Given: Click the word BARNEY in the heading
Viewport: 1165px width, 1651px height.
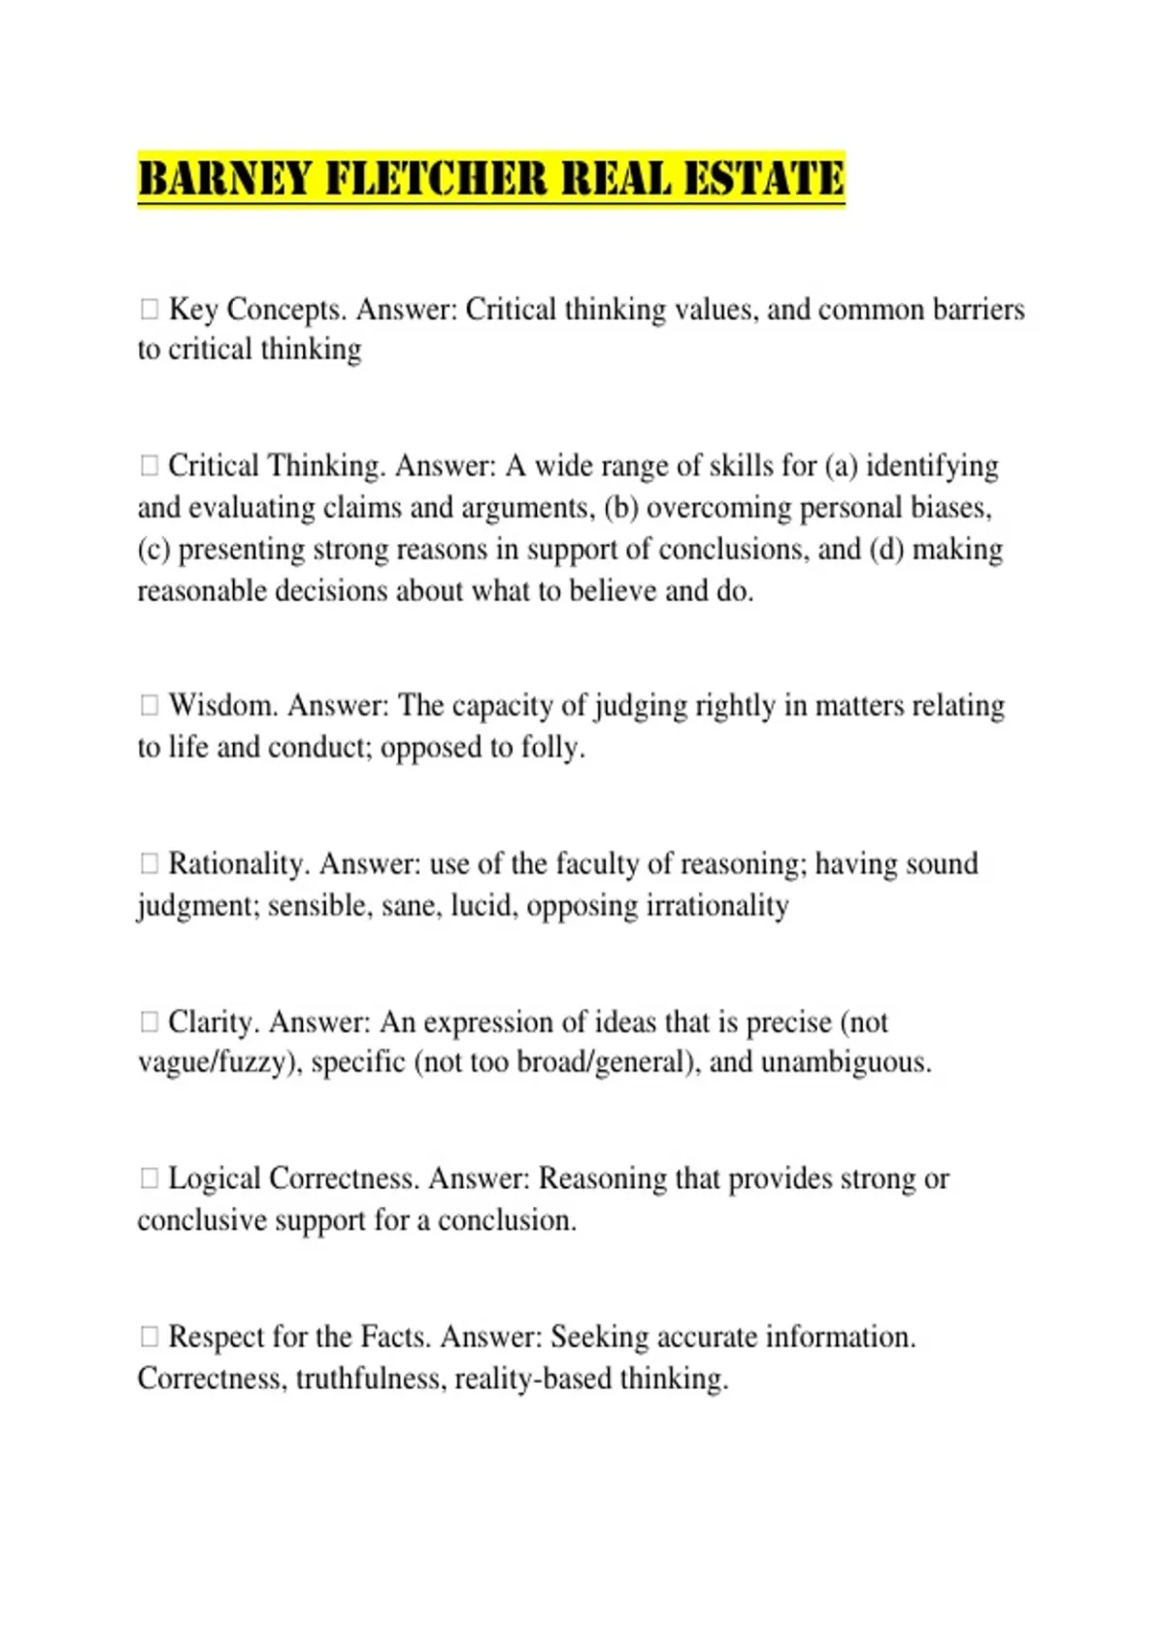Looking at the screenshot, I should pyautogui.click(x=222, y=180).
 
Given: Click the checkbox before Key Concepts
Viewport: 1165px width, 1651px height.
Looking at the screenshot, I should pyautogui.click(x=149, y=309).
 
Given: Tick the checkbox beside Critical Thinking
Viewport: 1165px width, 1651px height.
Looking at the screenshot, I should pyautogui.click(x=149, y=466).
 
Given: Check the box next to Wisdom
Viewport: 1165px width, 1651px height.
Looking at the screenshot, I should pyautogui.click(x=149, y=705).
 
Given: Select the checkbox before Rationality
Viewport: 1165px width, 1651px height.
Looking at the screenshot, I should pyautogui.click(x=149, y=863).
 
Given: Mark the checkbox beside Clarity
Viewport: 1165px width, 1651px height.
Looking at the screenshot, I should pyautogui.click(x=149, y=1022).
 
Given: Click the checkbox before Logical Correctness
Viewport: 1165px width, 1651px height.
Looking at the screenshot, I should pyautogui.click(x=149, y=1178).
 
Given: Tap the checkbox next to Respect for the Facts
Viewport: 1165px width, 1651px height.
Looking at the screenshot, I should pyautogui.click(x=149, y=1336).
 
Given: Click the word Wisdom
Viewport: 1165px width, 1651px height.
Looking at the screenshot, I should pyautogui.click(x=222, y=705).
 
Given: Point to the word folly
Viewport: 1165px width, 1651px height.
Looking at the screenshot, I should pyautogui.click(x=551, y=748).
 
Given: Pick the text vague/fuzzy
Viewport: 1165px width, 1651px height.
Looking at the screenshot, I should pyautogui.click(x=213, y=1062).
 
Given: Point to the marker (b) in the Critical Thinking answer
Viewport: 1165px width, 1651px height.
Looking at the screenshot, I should pyautogui.click(x=621, y=508).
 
